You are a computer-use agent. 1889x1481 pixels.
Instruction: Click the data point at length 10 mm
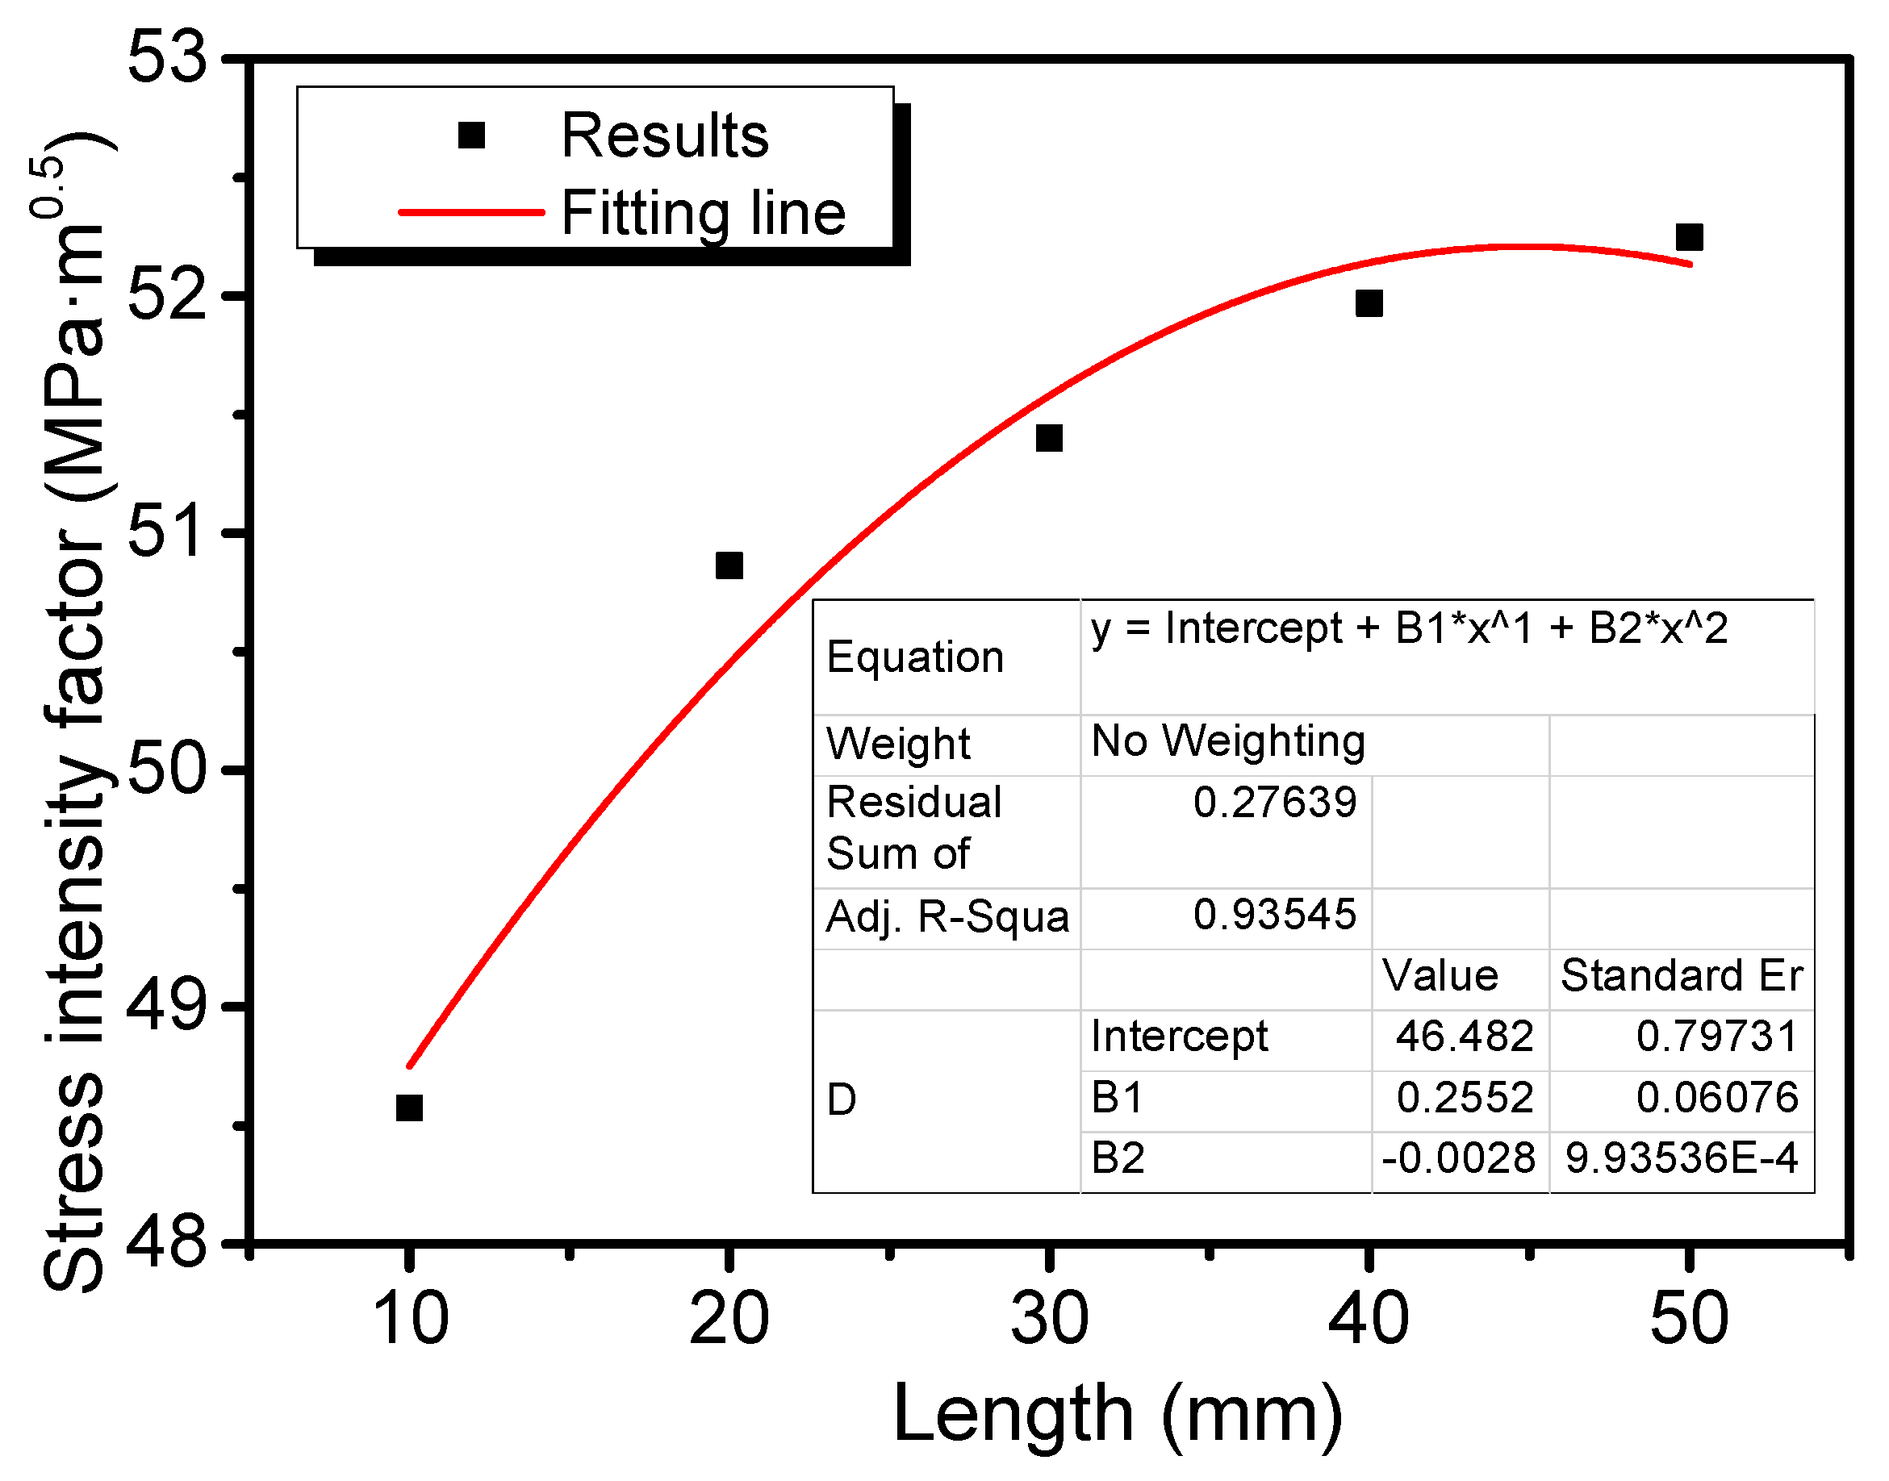pyautogui.click(x=408, y=1108)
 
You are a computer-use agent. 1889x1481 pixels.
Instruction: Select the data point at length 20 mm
pyautogui.click(x=729, y=565)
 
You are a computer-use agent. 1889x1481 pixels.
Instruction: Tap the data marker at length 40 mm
pyautogui.click(x=1368, y=303)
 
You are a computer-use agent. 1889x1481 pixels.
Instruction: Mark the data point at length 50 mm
pyautogui.click(x=1689, y=236)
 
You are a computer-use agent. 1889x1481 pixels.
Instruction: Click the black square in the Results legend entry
pyautogui.click(x=471, y=136)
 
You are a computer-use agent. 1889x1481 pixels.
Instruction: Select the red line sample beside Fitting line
pyautogui.click(x=471, y=211)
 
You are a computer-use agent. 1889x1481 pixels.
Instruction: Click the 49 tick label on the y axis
pyautogui.click(x=167, y=1006)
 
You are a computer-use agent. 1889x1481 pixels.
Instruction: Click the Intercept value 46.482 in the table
pyautogui.click(x=1464, y=1037)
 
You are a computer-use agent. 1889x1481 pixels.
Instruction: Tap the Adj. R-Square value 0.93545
pyautogui.click(x=1274, y=915)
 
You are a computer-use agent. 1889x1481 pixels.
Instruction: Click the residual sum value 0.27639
pyautogui.click(x=1274, y=802)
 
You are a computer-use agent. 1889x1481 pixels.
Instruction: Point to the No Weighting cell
pyautogui.click(x=1228, y=741)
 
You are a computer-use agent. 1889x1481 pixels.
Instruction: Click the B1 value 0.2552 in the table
pyautogui.click(x=1464, y=1098)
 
